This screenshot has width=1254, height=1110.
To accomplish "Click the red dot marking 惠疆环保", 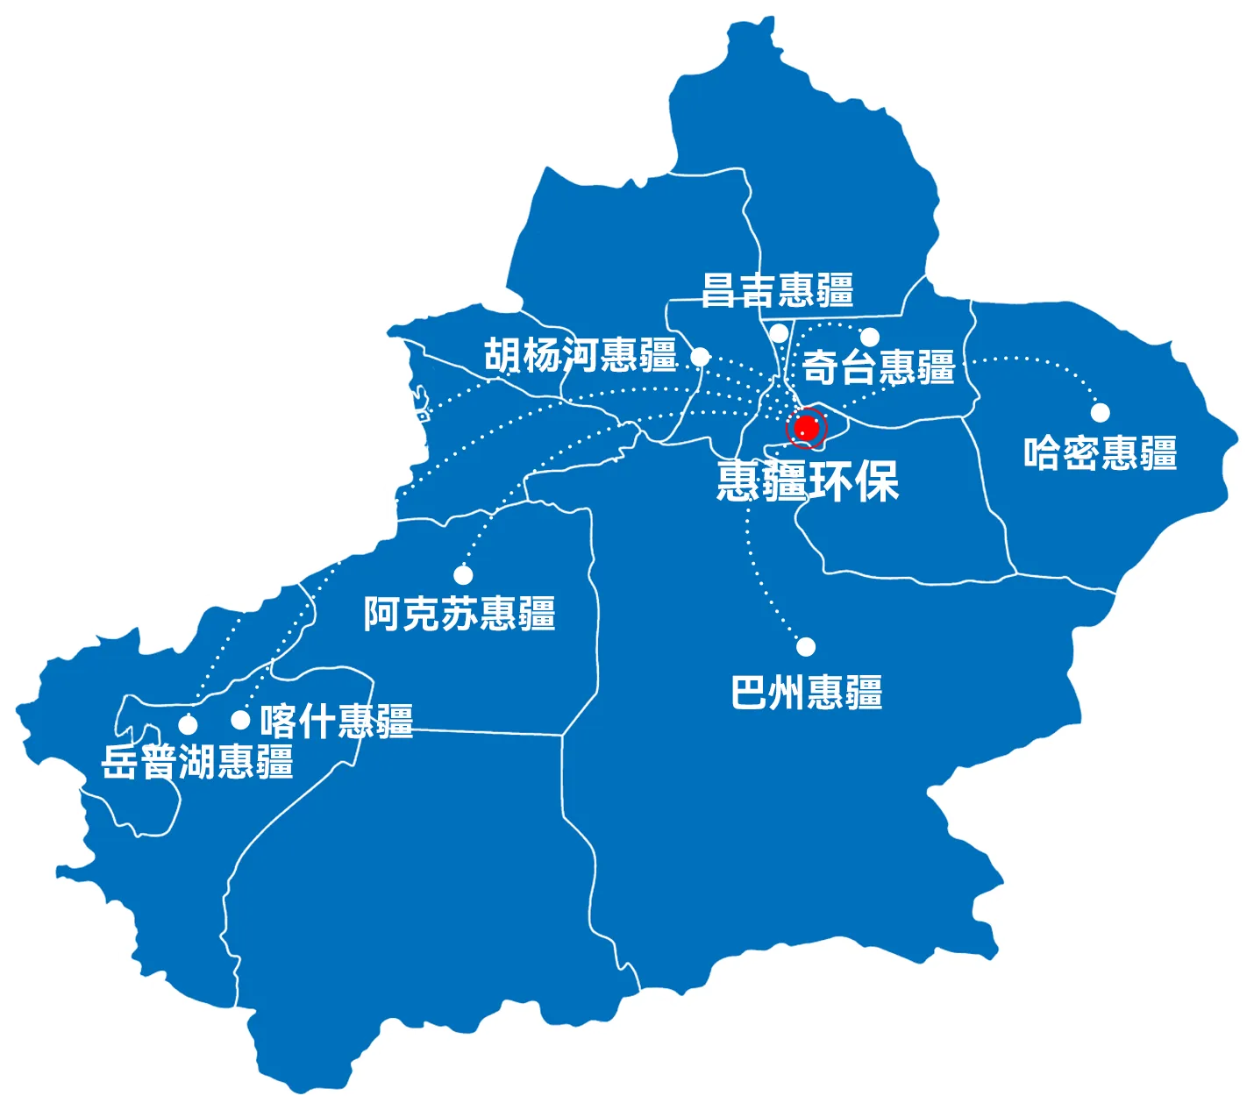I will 806,429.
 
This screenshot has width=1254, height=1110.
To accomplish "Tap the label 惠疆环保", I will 808,480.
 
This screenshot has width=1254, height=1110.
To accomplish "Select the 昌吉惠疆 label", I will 778,290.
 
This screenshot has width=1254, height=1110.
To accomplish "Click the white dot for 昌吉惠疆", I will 779,333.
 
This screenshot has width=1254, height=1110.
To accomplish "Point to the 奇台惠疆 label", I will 879,367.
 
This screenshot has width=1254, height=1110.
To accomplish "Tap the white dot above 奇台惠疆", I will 870,337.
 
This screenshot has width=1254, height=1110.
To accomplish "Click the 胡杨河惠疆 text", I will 581,356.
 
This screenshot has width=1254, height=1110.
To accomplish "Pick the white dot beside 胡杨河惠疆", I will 700,357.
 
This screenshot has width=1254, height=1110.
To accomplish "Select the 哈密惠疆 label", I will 1101,453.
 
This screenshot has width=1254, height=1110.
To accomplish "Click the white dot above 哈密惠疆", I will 1100,412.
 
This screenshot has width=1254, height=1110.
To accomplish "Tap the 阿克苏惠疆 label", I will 460,614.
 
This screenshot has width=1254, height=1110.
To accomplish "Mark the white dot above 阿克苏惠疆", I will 463,575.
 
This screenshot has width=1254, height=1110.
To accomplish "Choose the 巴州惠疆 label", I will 807,692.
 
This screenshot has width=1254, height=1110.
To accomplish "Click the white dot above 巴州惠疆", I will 806,647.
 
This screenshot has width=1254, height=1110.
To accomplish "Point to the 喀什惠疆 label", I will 337,721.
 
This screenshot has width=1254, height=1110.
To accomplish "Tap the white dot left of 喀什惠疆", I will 240,720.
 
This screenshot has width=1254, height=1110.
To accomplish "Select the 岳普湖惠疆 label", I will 197,762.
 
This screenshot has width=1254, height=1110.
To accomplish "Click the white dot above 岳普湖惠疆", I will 188,724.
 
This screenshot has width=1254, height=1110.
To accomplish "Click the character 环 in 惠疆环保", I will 831,480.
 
